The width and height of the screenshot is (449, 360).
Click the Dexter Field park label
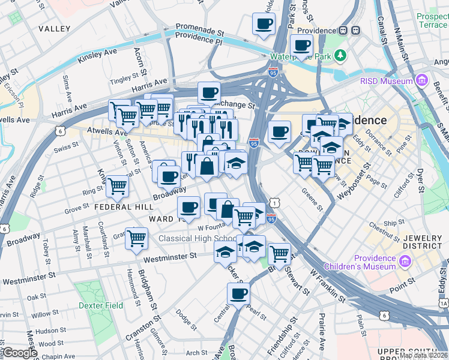point(101,305)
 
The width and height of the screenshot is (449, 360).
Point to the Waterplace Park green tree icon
point(341,56)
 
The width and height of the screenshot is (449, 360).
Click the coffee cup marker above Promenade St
point(263,25)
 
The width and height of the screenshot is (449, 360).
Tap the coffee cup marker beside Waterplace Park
point(301,45)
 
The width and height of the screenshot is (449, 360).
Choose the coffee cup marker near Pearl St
point(238,294)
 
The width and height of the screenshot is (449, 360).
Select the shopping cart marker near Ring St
point(117,187)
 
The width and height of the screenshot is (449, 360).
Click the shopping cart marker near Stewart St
point(279,254)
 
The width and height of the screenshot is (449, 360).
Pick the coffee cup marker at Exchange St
point(209,93)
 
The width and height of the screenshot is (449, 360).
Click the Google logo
point(20,353)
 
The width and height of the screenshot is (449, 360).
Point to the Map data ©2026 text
point(424,355)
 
